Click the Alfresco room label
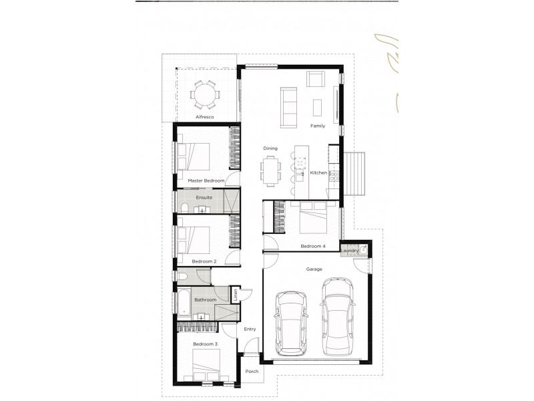click(x=204, y=117)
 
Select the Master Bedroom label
click(x=206, y=180)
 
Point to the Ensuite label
click(x=204, y=198)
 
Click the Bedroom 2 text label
click(x=204, y=261)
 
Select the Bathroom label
click(x=205, y=299)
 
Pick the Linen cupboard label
click(x=236, y=294)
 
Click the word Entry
click(x=250, y=329)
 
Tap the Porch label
click(x=252, y=372)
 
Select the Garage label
click(x=314, y=269)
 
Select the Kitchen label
click(x=318, y=172)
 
